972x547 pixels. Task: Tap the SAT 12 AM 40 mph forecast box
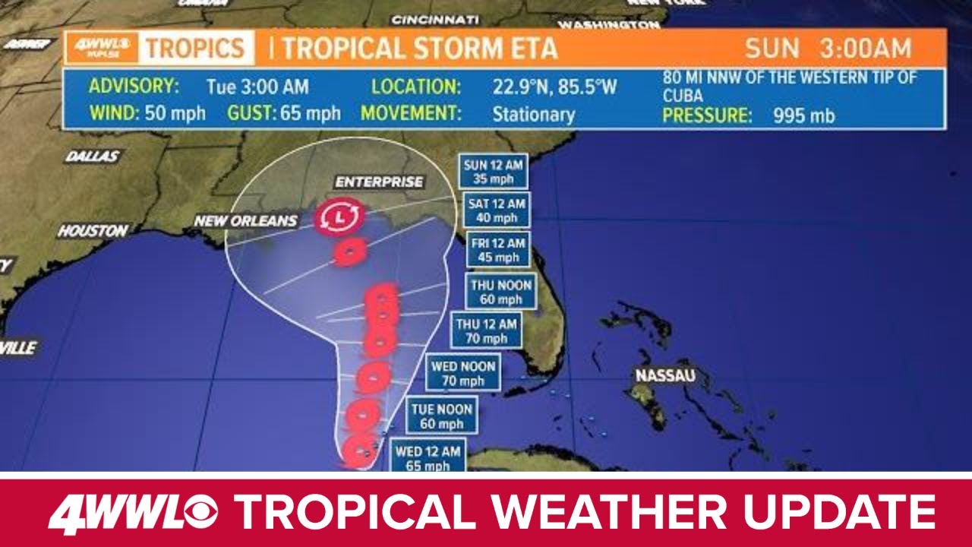coord(497,210)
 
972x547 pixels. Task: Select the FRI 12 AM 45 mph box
coord(497,250)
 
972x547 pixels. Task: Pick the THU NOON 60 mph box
coord(501,291)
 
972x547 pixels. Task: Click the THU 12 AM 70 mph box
coord(487,330)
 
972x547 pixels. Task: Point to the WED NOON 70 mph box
coord(463,373)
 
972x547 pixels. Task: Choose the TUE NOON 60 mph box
coord(442,416)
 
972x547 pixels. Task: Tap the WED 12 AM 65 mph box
coord(428,458)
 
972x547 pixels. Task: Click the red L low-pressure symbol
coord(339,218)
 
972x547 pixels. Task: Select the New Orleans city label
coord(246,221)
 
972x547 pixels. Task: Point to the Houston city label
coord(93,230)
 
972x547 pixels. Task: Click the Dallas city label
coord(92,157)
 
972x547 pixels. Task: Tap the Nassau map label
coord(665,375)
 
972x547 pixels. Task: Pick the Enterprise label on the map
coord(378,182)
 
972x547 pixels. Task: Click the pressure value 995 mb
coord(804,116)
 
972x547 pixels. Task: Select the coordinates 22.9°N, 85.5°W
coord(554,87)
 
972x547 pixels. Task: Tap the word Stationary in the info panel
coord(533,115)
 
